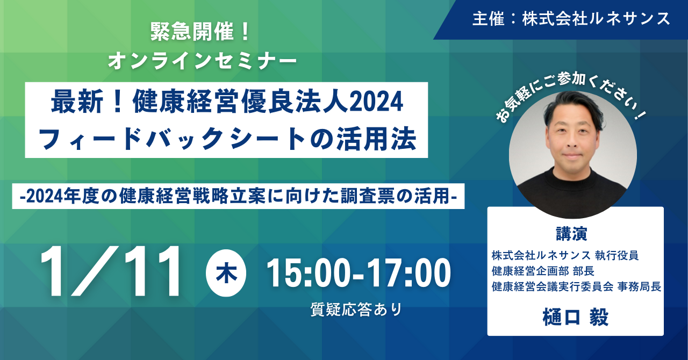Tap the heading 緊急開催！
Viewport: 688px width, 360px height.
(x=200, y=32)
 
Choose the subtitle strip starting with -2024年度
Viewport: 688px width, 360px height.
(x=238, y=196)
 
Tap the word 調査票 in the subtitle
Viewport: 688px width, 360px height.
(x=368, y=196)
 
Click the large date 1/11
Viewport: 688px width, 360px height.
(x=110, y=271)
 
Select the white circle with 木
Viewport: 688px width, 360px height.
(x=226, y=273)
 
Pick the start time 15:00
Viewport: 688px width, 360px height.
(x=309, y=273)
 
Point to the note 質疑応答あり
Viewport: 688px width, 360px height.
(x=356, y=309)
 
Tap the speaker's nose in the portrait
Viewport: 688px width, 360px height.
(x=572, y=141)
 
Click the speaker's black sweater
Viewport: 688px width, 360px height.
(x=572, y=193)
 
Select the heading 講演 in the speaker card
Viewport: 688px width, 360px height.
(x=571, y=234)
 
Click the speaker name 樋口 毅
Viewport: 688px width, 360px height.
(x=575, y=316)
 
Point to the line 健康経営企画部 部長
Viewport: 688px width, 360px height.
(x=543, y=271)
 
